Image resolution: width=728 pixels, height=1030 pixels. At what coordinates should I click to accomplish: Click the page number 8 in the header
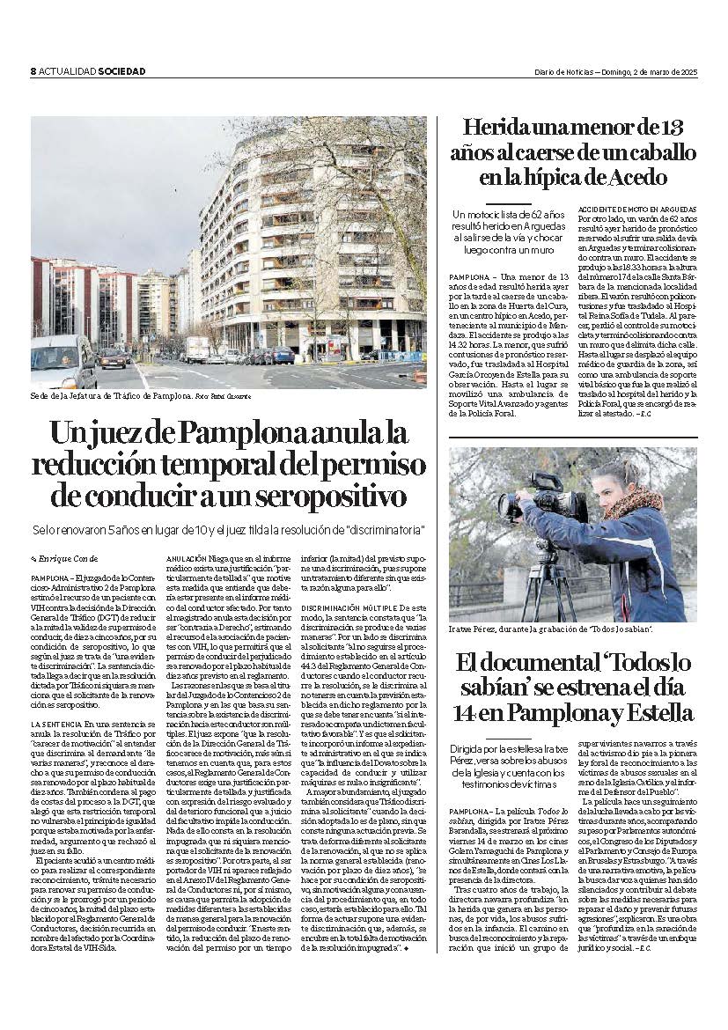[x=33, y=71]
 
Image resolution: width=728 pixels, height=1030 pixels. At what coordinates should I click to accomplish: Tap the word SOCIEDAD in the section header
[x=121, y=71]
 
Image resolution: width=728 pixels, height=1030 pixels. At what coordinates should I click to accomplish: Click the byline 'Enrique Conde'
[x=69, y=558]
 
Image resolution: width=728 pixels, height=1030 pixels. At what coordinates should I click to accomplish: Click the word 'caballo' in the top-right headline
[x=645, y=152]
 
